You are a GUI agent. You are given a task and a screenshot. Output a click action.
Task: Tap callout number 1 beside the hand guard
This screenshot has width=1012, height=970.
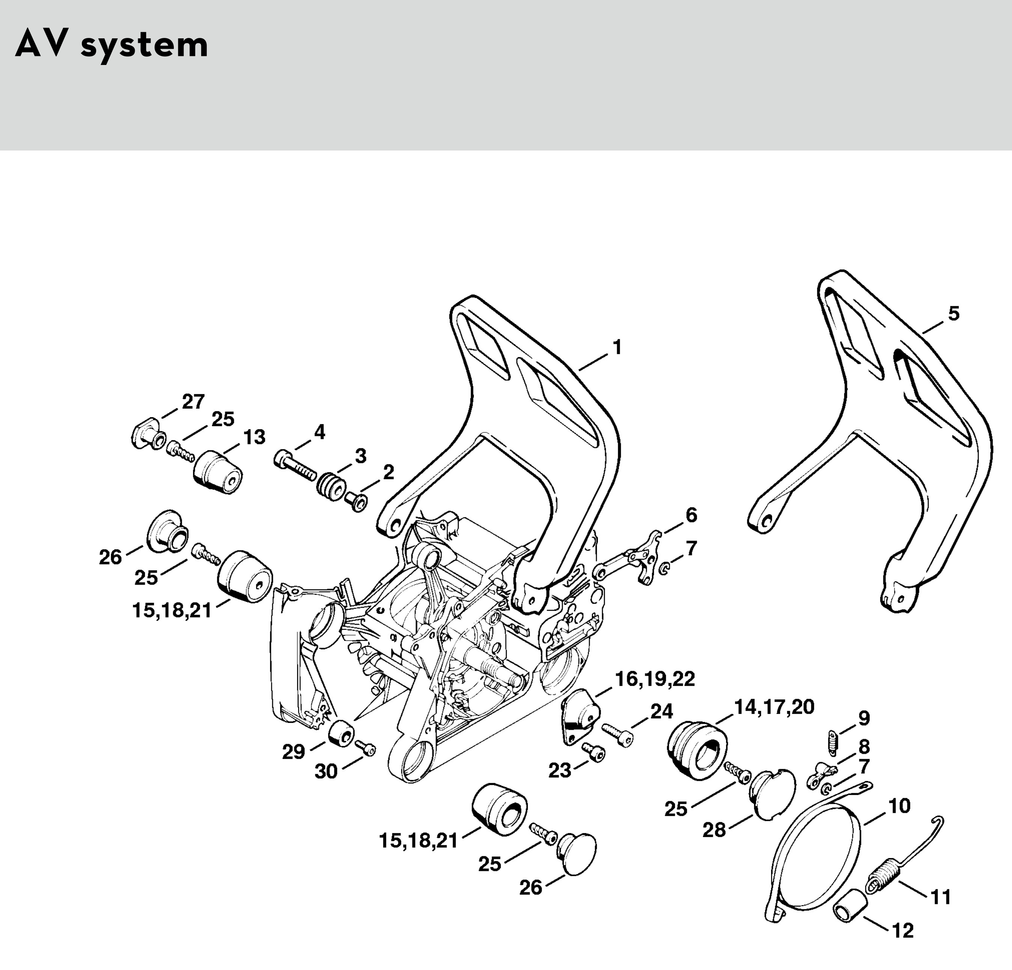click(x=617, y=348)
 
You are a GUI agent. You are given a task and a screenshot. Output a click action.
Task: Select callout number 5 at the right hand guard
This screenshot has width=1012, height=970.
click(x=954, y=313)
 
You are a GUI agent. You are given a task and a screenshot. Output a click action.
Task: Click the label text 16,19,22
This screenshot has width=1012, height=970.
click(x=655, y=679)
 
